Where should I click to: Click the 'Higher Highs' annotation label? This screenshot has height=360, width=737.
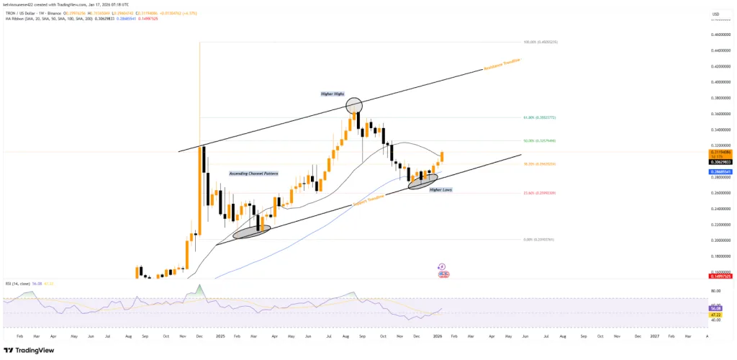point(332,94)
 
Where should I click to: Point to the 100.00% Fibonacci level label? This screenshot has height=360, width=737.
point(542,42)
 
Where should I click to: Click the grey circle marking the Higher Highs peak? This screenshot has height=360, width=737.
point(353,107)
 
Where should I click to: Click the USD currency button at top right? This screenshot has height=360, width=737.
point(715,14)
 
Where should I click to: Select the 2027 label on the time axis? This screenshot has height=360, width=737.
point(655,336)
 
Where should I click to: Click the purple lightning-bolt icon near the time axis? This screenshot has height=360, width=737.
point(441,266)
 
